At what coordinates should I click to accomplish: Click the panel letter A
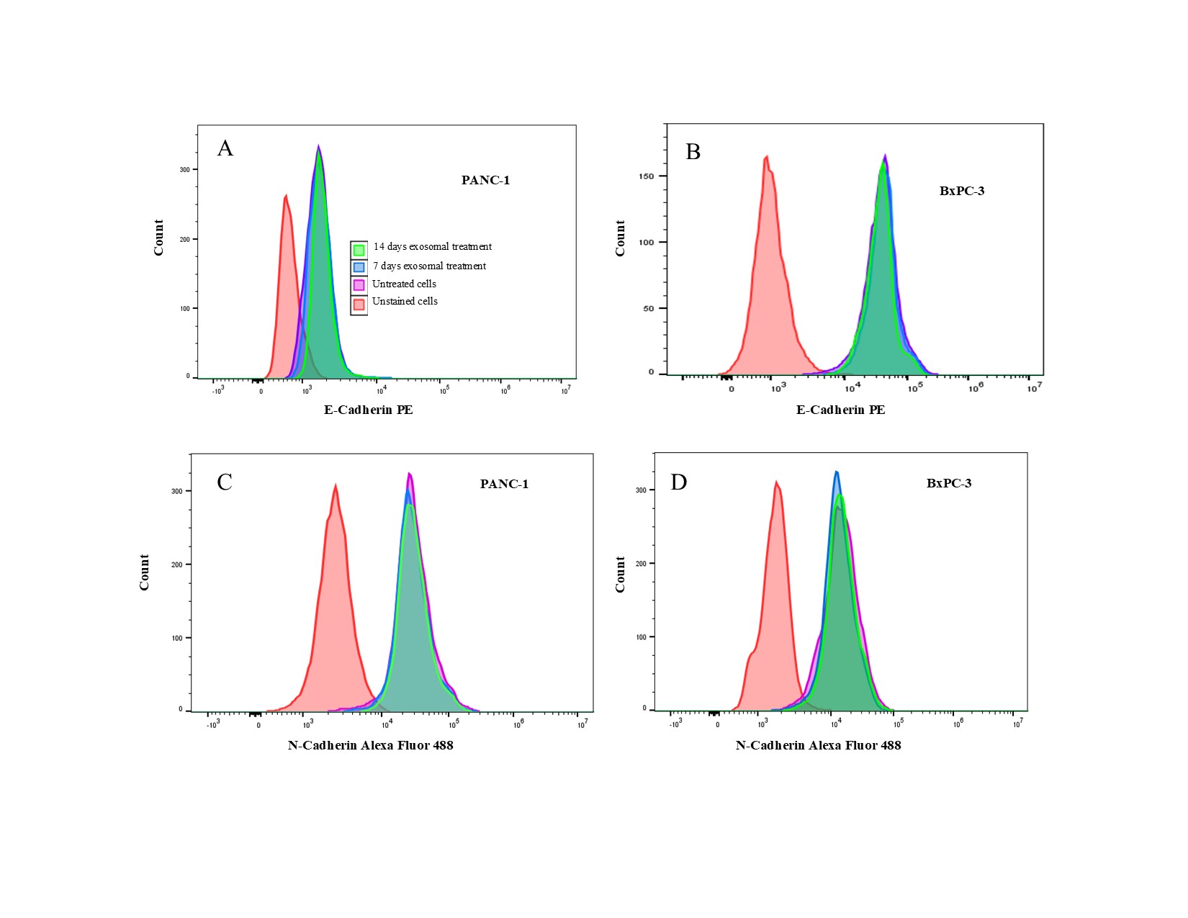pyautogui.click(x=225, y=148)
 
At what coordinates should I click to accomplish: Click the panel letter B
pyautogui.click(x=693, y=152)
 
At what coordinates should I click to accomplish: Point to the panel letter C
pyautogui.click(x=225, y=482)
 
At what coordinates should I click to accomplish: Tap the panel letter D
pyautogui.click(x=679, y=482)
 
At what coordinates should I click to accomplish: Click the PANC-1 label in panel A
pyautogui.click(x=485, y=180)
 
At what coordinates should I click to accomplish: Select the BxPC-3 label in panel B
pyautogui.click(x=962, y=191)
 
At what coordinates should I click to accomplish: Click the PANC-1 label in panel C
pyautogui.click(x=504, y=484)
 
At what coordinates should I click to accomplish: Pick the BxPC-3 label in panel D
pyautogui.click(x=949, y=483)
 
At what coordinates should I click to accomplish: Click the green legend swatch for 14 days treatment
pyautogui.click(x=359, y=250)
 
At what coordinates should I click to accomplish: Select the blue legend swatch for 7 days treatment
pyautogui.click(x=359, y=267)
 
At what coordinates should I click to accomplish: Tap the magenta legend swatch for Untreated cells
pyautogui.click(x=359, y=285)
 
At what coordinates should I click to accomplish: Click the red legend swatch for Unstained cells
pyautogui.click(x=359, y=304)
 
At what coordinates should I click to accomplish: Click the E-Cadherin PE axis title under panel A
pyautogui.click(x=369, y=410)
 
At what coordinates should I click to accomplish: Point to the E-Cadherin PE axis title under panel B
pyautogui.click(x=840, y=410)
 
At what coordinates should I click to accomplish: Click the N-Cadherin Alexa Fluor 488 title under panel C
pyautogui.click(x=371, y=745)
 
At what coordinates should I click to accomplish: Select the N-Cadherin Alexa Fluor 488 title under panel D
pyautogui.click(x=818, y=745)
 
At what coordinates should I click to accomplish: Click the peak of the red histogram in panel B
pyautogui.click(x=767, y=156)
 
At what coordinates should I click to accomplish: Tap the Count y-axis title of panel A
pyautogui.click(x=158, y=238)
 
